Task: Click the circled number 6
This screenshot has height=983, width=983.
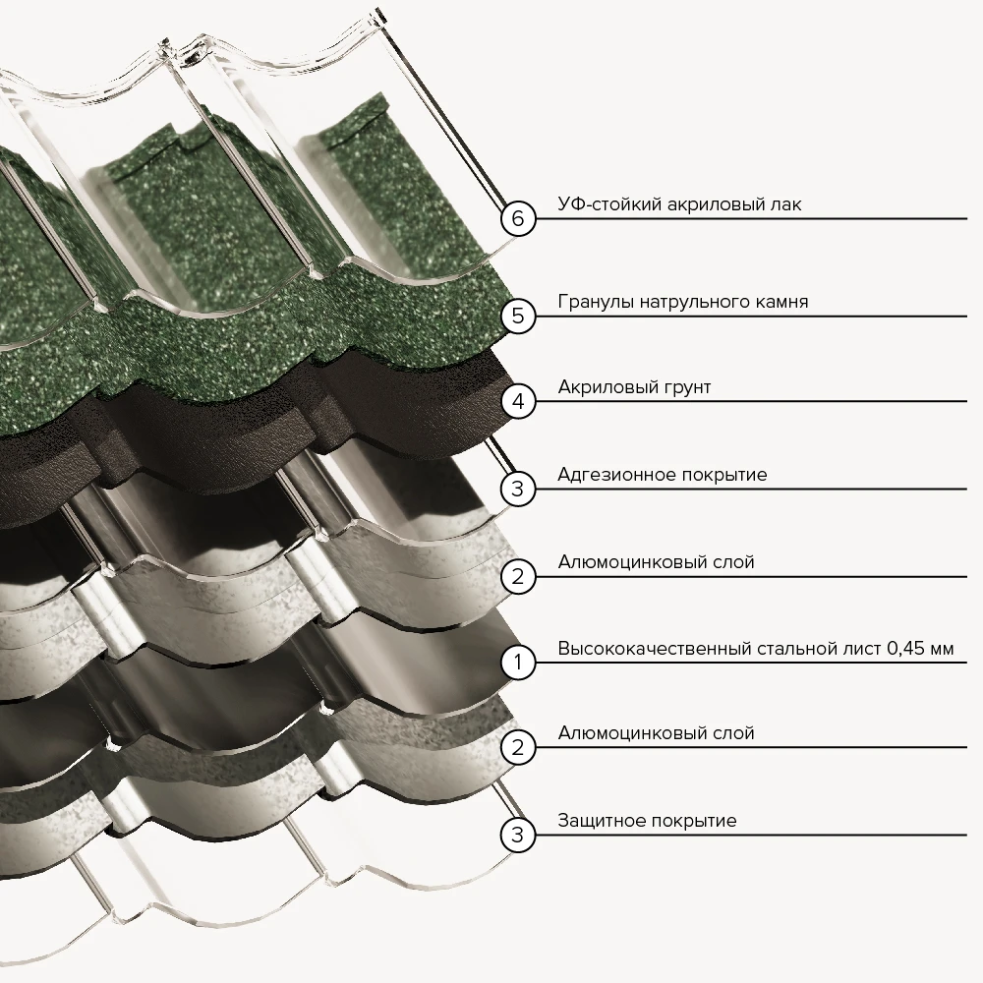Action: pos(518,219)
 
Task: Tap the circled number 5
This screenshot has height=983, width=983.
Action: pos(518,316)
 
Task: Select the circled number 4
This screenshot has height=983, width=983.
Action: pos(518,401)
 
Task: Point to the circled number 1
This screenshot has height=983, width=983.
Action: pos(518,662)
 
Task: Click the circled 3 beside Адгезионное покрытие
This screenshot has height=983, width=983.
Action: pos(518,489)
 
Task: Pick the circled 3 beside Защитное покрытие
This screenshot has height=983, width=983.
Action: pos(518,835)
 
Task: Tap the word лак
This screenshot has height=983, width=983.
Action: pos(786,205)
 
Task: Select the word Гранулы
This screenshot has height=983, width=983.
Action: pos(596,303)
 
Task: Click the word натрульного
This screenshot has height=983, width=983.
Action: pos(693,303)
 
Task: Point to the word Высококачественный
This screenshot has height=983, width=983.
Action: pos(655,648)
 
